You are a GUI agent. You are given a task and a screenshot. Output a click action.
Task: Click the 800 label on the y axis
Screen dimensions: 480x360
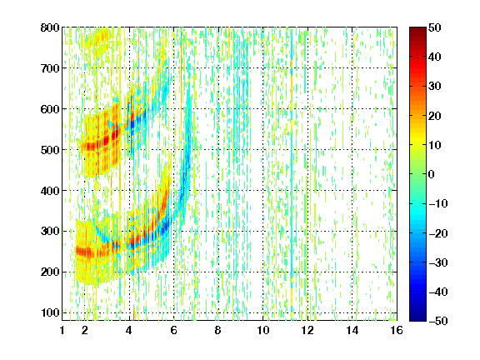tap(50, 27)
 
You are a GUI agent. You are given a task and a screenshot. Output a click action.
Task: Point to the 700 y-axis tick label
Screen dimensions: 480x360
tap(50, 68)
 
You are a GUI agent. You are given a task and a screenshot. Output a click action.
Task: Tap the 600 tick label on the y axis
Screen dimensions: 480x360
tap(50, 109)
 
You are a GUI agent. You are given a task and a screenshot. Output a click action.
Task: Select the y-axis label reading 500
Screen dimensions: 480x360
tap(50, 150)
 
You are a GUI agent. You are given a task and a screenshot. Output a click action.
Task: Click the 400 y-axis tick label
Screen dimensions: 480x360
tap(50, 191)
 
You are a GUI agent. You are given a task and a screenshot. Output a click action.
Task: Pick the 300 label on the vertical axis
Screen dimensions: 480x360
tap(50, 232)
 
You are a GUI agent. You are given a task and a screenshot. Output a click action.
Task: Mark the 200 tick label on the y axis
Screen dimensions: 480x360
tap(50, 272)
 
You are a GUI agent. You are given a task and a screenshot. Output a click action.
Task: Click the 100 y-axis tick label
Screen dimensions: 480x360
tap(50, 312)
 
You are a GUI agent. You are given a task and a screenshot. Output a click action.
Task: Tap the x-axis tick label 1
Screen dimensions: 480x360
tap(62, 331)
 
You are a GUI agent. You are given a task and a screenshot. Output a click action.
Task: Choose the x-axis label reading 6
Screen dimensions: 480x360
tap(174, 331)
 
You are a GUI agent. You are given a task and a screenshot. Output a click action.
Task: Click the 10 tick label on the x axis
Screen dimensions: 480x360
tap(263, 331)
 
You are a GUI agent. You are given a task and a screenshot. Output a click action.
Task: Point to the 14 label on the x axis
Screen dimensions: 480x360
tap(352, 331)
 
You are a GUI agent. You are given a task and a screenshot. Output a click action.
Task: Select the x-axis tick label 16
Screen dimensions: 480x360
tap(397, 331)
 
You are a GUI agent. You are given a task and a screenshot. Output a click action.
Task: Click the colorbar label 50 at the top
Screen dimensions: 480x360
tap(434, 27)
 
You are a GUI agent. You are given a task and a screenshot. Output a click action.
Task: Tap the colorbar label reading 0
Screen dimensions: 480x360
tap(432, 174)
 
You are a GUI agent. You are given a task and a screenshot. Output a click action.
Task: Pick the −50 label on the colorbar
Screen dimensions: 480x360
tap(438, 321)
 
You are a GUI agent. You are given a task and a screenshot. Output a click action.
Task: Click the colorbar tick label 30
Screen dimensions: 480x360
tap(434, 87)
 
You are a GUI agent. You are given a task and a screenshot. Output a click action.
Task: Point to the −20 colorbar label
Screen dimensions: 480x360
tap(438, 233)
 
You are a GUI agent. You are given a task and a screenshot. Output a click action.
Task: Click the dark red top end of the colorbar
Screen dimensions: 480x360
tap(417, 29)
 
